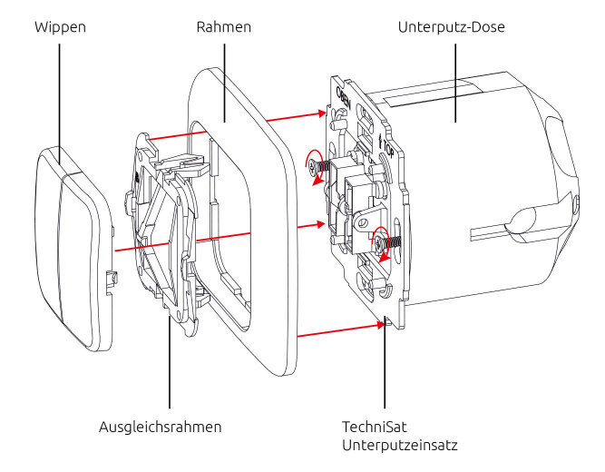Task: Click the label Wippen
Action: [60, 27]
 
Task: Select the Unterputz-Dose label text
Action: [451, 27]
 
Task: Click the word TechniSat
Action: [372, 427]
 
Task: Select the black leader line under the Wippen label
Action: [60, 100]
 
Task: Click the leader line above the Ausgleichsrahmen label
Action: [169, 363]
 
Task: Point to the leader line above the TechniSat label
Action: [384, 363]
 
